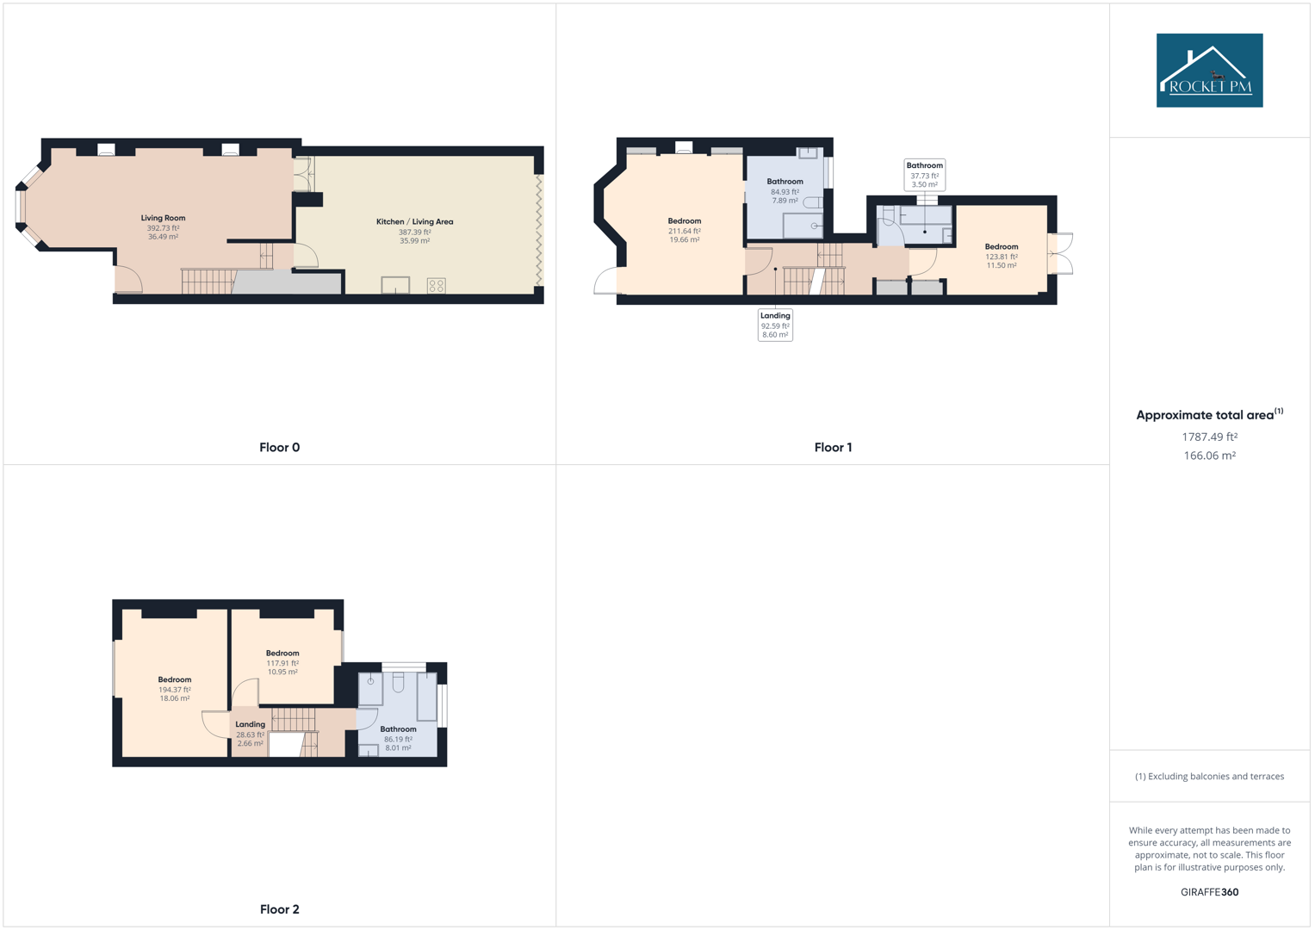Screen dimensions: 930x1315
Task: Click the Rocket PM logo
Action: pos(1209,71)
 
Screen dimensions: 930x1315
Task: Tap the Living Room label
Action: pos(163,218)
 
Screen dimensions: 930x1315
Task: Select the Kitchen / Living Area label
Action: pos(414,221)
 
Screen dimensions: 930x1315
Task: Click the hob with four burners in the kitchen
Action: pos(437,285)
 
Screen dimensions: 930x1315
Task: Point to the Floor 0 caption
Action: pos(279,447)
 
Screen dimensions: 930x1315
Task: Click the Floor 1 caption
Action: pos(833,447)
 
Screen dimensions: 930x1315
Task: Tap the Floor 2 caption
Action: pos(279,909)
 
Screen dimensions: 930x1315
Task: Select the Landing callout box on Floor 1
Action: pos(775,325)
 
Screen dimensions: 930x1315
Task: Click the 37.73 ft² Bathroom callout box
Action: pos(924,175)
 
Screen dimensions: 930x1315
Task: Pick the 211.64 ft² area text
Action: pos(685,231)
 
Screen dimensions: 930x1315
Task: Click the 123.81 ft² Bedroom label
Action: pos(1002,247)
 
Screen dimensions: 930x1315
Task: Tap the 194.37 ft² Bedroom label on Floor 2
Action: pos(175,680)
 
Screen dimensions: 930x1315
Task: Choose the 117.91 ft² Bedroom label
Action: pos(282,654)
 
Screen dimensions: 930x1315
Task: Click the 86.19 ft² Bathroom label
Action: pos(398,729)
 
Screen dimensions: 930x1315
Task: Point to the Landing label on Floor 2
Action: pos(251,725)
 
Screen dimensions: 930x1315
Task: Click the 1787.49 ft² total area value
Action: pos(1209,437)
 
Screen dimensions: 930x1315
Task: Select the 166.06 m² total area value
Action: pos(1209,456)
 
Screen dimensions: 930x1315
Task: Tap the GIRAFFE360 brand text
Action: pos(1209,892)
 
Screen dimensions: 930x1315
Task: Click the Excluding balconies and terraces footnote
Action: pos(1209,777)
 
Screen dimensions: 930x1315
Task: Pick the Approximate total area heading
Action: pos(1206,415)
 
